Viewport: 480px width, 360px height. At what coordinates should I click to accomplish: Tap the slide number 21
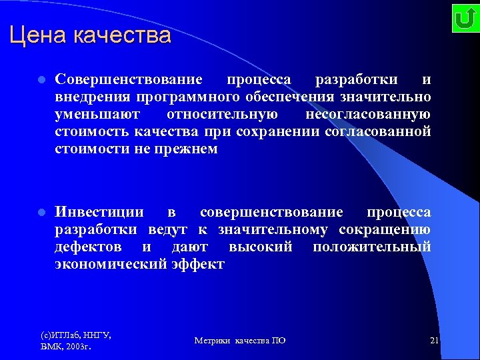click(434, 341)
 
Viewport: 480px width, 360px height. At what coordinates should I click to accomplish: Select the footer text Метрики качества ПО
click(240, 341)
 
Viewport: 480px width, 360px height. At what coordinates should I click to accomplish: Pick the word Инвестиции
click(99, 212)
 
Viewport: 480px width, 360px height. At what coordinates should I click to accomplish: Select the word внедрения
click(87, 97)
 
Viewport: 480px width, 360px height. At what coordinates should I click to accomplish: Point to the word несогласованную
click(368, 115)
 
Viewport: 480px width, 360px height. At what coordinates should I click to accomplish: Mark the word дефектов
click(88, 247)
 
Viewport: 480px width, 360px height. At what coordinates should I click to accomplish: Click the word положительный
click(371, 247)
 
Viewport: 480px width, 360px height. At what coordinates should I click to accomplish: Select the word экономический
click(110, 264)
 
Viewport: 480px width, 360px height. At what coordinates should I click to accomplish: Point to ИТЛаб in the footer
click(65, 335)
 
